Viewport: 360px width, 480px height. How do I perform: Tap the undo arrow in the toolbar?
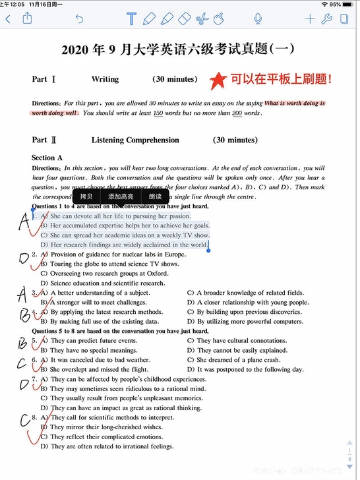coord(80,19)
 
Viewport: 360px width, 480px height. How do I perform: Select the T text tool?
coord(131,19)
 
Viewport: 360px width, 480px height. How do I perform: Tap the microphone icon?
coord(258,19)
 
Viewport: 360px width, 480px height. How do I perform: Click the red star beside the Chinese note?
coord(216,80)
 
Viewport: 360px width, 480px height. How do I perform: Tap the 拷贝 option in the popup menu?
coord(86,196)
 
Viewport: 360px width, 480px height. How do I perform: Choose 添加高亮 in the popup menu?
coord(121,196)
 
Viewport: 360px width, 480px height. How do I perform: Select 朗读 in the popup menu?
coord(155,196)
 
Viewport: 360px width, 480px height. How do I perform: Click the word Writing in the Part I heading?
coord(105,79)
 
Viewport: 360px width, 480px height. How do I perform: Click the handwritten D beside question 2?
coord(24,258)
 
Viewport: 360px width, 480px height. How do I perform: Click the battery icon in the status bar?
coord(349,4)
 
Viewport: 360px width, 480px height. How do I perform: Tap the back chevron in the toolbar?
coord(8,19)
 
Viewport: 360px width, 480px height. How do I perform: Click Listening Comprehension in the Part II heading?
coord(135,140)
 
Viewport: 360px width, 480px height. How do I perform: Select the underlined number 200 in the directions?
coord(237,113)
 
